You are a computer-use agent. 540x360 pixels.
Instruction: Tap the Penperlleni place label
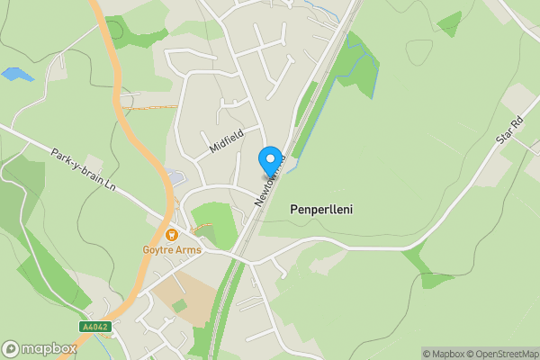click(x=321, y=209)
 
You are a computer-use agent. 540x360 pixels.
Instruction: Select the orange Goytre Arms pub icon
click(x=171, y=235)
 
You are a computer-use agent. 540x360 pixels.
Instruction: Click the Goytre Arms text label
click(x=171, y=250)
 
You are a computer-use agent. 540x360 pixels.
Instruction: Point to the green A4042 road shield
click(x=95, y=327)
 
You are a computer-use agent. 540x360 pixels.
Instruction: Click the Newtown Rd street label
click(x=269, y=183)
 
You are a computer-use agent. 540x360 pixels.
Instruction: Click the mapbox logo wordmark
click(x=40, y=349)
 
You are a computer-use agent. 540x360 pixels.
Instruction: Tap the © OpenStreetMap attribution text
click(x=504, y=354)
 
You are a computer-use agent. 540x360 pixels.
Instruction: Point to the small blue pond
click(x=17, y=75)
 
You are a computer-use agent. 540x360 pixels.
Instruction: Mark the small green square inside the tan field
click(x=179, y=306)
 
